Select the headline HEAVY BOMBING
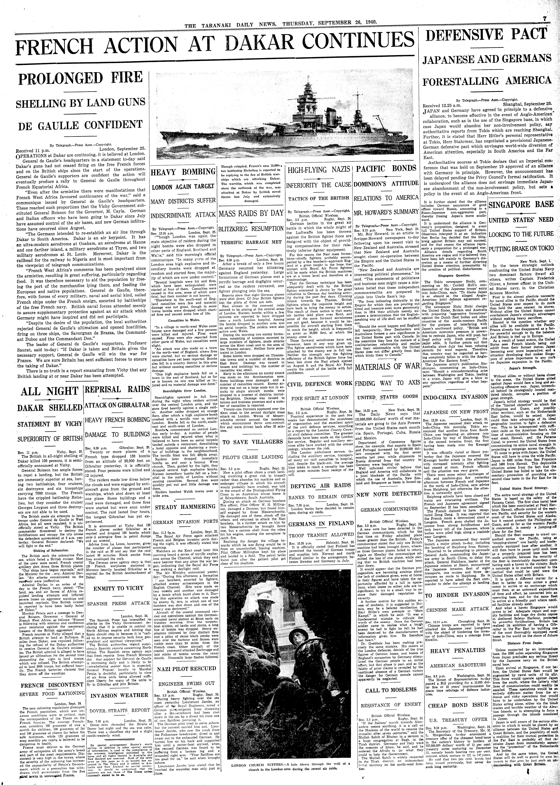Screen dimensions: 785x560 (183, 172)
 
